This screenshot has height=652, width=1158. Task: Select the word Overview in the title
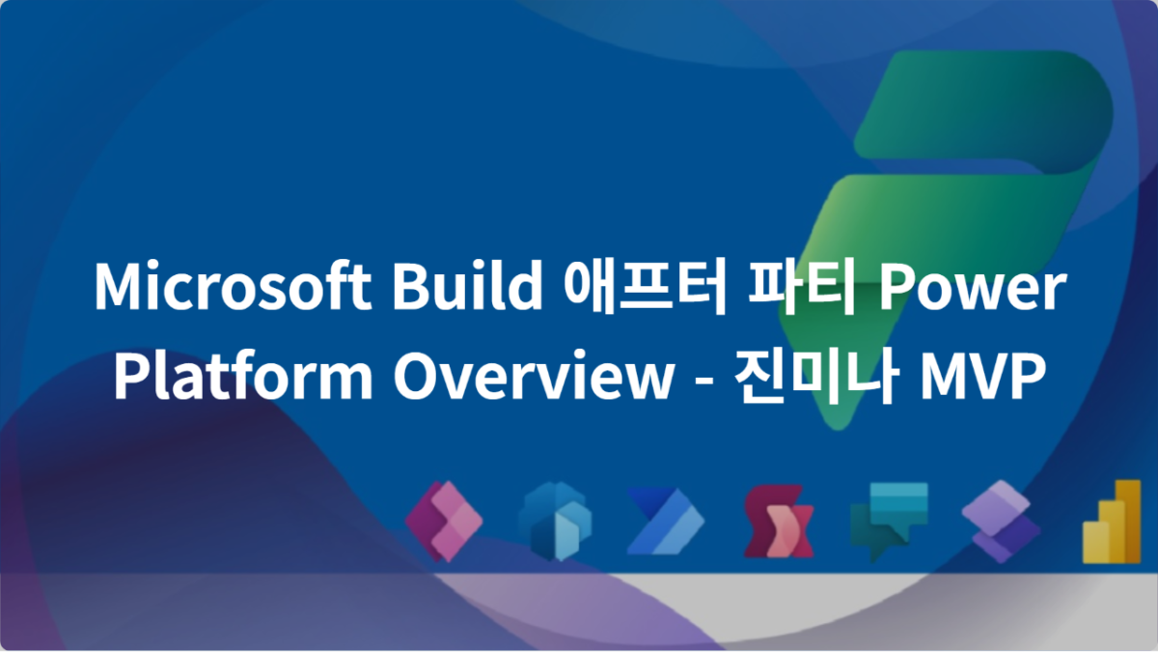click(529, 377)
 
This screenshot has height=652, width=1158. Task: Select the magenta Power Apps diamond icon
click(444, 522)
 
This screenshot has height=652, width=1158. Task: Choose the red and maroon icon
click(778, 522)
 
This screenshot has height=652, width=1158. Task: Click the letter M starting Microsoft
click(115, 287)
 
